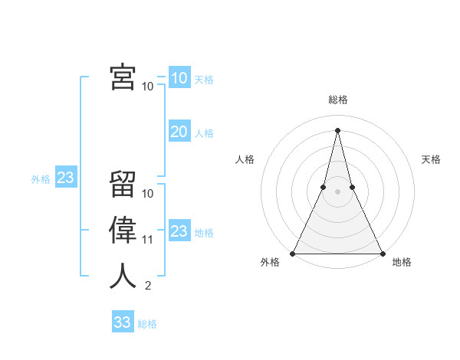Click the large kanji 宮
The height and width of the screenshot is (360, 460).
click(x=123, y=77)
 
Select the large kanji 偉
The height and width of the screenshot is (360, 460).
click(x=123, y=231)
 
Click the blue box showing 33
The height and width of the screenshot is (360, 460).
click(x=122, y=322)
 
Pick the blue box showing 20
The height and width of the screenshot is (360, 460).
click(x=179, y=132)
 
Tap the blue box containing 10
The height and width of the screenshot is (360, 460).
click(x=179, y=78)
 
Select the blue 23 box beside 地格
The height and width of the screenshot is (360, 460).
click(x=179, y=231)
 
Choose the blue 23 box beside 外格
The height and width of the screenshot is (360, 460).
click(x=65, y=178)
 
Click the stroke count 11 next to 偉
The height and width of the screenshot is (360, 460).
click(x=148, y=240)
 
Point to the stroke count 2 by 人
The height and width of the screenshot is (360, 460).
click(x=148, y=286)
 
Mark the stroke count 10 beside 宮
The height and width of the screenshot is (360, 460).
click(x=148, y=87)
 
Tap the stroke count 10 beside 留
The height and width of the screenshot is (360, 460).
click(x=148, y=194)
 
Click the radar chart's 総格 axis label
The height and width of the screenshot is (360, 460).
click(x=337, y=100)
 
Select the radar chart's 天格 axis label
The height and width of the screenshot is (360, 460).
click(x=431, y=159)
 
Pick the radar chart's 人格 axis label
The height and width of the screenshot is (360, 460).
click(x=245, y=159)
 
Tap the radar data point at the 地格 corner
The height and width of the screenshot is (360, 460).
click(x=382, y=253)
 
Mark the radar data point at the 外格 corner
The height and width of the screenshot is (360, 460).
click(x=293, y=253)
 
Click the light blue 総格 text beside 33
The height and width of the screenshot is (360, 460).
click(x=147, y=324)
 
